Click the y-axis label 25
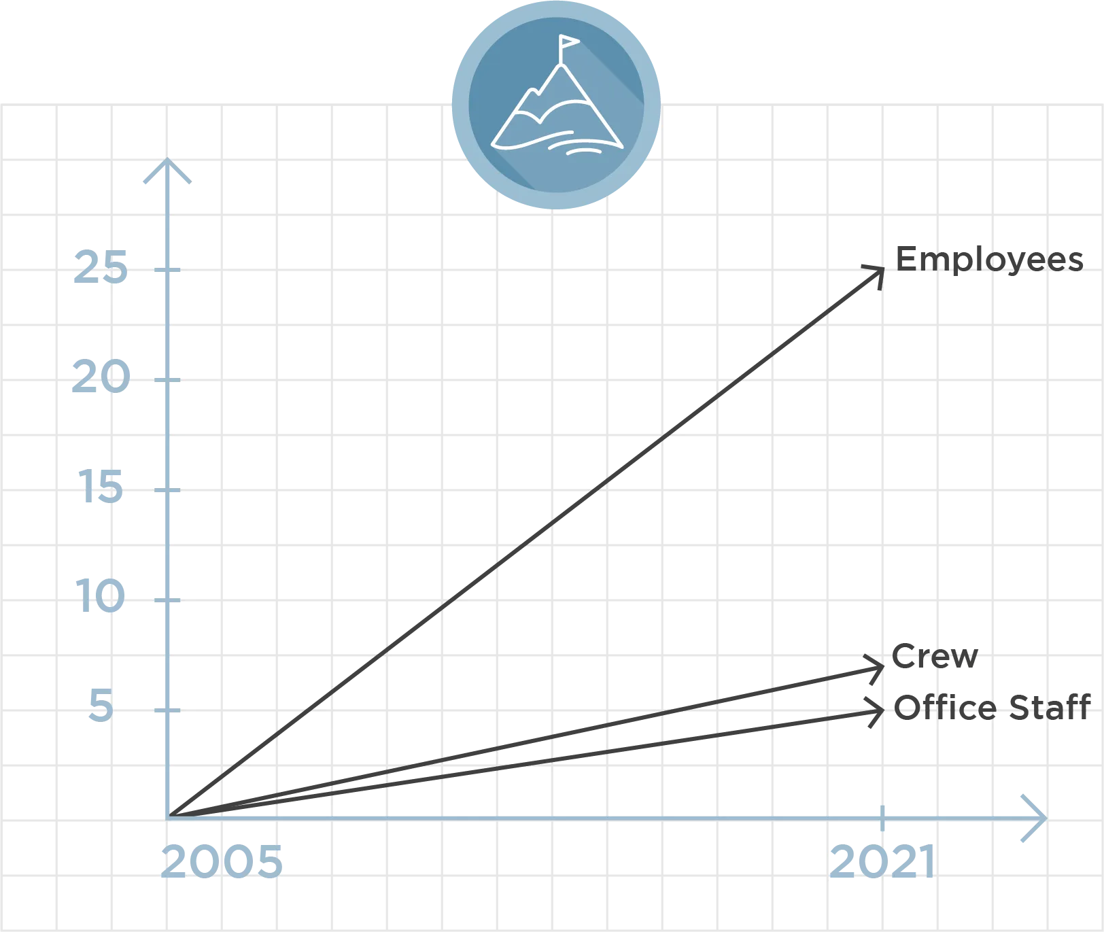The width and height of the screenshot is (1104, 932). (x=100, y=266)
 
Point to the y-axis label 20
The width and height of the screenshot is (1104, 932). (x=100, y=378)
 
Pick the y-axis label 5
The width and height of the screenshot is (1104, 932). (x=100, y=704)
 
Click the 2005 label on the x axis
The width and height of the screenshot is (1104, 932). (x=221, y=861)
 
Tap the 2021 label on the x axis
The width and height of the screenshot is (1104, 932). (x=882, y=861)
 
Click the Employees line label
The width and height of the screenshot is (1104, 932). (x=990, y=260)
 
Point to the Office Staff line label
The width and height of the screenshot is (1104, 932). (x=990, y=707)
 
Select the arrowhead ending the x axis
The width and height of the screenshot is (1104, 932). (x=1035, y=817)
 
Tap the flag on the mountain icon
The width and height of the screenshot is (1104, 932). (x=568, y=45)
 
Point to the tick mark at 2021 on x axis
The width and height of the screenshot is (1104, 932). (x=882, y=818)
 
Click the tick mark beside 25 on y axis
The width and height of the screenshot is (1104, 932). (x=168, y=270)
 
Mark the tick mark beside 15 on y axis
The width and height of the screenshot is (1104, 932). (x=168, y=489)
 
